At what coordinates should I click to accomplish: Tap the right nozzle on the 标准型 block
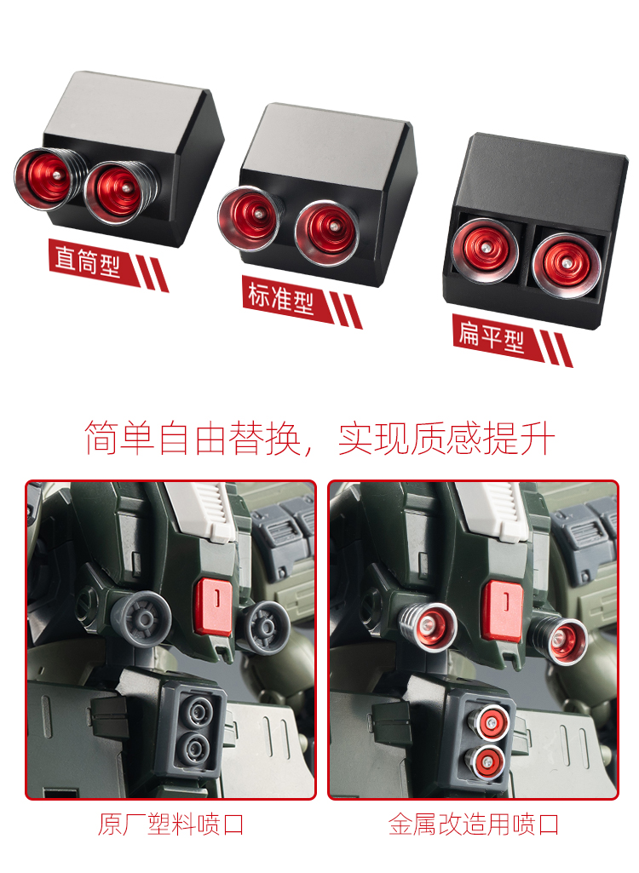327,233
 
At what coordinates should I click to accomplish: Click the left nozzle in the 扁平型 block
485,250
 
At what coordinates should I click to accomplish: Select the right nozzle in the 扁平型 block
566,266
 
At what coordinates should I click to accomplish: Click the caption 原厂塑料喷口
171,824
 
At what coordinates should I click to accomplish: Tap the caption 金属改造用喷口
474,824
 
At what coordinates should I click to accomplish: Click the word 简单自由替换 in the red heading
193,438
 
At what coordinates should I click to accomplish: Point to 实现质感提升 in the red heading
446,438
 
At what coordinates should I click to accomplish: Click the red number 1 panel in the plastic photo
215,606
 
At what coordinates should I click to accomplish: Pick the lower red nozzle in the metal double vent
486,762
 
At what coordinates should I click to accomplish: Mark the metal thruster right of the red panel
560,639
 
